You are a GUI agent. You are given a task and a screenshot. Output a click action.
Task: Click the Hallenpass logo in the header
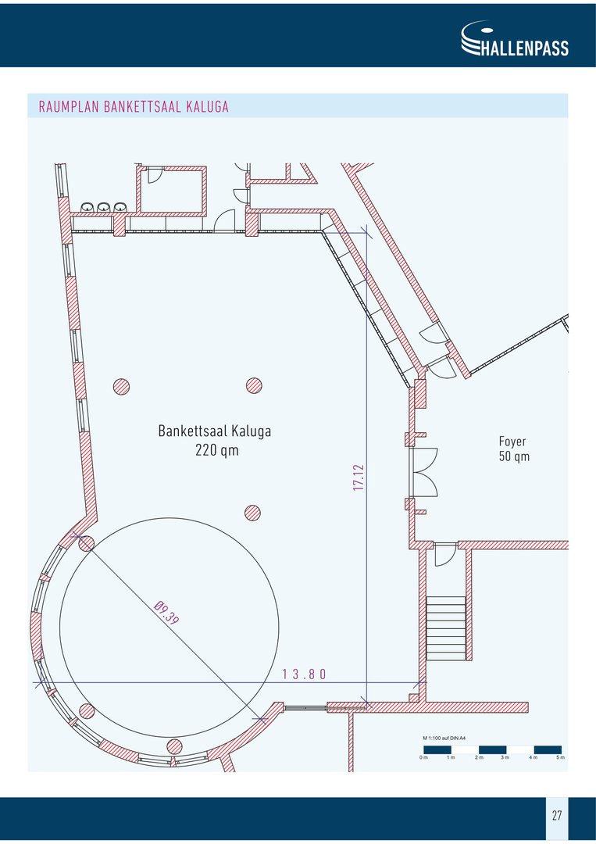[x=515, y=38]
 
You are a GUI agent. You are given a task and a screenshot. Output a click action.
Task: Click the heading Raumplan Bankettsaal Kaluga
[x=134, y=106]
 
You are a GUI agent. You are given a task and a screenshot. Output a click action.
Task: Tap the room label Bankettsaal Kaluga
[x=215, y=431]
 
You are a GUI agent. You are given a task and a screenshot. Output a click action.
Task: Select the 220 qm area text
[x=217, y=450]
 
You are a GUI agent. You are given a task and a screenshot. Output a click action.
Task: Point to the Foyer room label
[x=512, y=442]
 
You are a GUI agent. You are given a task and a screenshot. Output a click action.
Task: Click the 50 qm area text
[x=514, y=456]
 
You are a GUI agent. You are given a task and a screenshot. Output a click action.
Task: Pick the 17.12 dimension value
[x=359, y=477]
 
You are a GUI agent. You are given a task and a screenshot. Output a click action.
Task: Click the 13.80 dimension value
[x=305, y=674]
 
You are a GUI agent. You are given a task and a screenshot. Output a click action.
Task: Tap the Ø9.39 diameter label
[x=166, y=613]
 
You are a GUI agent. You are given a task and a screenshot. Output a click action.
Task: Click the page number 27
[x=557, y=815]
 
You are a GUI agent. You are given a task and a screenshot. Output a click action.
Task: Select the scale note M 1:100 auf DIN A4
[x=444, y=738]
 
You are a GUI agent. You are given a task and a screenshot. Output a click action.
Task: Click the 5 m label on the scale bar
[x=561, y=758]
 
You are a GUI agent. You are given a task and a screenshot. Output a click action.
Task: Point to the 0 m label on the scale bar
[x=424, y=758]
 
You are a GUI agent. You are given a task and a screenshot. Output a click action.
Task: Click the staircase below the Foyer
[x=446, y=628]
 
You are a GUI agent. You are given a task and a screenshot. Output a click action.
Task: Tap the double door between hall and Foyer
[x=423, y=472]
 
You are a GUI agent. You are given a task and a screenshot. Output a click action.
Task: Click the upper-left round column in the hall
[x=121, y=387]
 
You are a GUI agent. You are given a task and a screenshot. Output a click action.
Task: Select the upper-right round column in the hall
[x=254, y=385]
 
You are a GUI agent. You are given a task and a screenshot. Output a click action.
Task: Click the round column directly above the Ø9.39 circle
[x=253, y=513]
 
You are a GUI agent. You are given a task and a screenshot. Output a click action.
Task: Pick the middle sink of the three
[x=104, y=206]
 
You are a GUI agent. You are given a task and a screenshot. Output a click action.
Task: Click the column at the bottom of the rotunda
[x=174, y=746]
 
